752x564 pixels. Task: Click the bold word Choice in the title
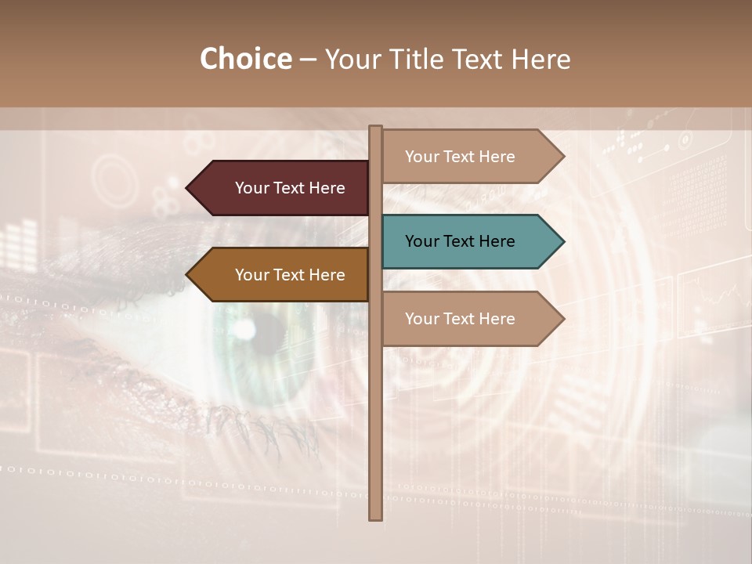245,60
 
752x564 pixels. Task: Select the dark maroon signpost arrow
282,188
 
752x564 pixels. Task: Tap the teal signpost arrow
470,241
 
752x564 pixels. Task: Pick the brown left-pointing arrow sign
282,275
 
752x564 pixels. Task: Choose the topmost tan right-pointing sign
470,157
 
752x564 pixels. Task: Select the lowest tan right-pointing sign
470,319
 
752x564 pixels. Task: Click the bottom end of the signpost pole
376,517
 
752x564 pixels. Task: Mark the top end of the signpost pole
376,128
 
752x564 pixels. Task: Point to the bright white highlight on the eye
245,330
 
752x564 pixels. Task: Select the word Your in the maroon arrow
251,188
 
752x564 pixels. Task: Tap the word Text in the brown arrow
289,275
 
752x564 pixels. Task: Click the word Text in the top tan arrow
459,157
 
